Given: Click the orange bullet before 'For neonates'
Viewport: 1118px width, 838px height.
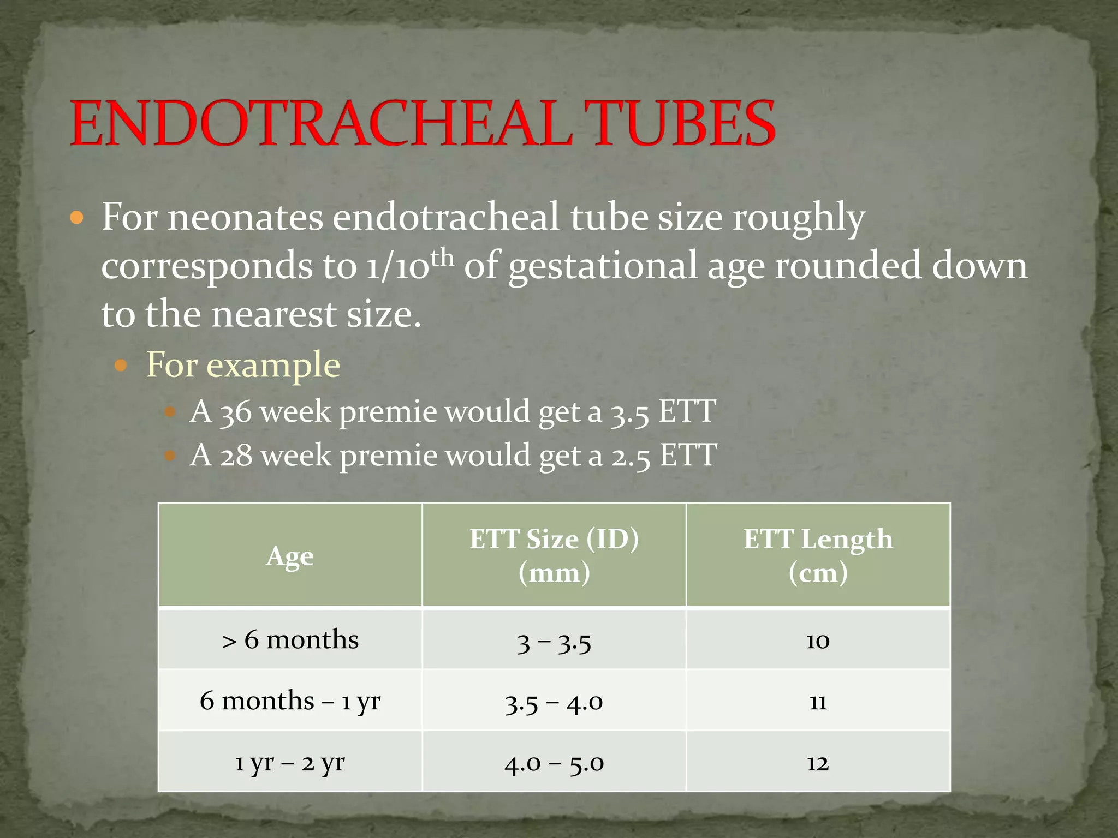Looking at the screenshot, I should tap(77, 218).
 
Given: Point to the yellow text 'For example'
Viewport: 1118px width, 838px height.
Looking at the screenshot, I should tap(243, 364).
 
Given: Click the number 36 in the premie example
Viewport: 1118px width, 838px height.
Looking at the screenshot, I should tap(235, 412).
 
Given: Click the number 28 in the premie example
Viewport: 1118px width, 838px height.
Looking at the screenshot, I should tap(236, 456).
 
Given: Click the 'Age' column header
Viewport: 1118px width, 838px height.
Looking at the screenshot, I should tap(290, 556).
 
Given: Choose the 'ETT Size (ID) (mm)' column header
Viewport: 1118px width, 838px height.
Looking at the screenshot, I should tap(554, 555).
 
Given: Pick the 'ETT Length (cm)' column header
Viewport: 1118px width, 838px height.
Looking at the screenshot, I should tap(818, 555).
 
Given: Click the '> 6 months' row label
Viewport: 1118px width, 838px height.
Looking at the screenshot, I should tap(290, 639).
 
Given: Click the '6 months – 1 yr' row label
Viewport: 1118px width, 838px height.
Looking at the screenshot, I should tap(290, 701).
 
